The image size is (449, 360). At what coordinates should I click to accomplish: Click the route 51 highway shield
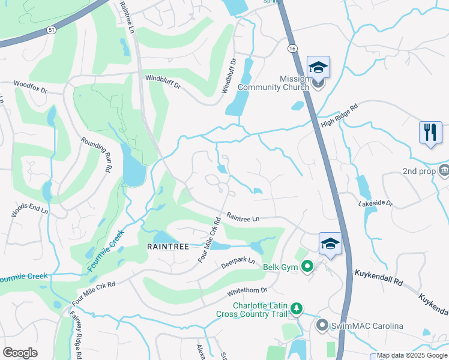pos(52,29)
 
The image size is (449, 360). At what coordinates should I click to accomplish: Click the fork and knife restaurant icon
pos(430,133)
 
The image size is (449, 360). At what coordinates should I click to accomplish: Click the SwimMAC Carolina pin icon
pos(322,326)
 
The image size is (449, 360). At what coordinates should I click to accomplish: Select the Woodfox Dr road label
pos(31,88)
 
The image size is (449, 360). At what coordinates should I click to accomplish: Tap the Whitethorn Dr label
pos(247,292)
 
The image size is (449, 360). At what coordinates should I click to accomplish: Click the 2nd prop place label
pos(418,172)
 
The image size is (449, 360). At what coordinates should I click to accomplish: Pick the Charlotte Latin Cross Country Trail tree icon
pos(297,308)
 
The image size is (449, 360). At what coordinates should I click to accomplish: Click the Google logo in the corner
pos(20,353)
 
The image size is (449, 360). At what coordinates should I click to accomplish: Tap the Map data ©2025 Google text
pos(412,355)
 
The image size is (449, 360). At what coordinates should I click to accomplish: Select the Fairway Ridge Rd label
pos(77,335)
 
